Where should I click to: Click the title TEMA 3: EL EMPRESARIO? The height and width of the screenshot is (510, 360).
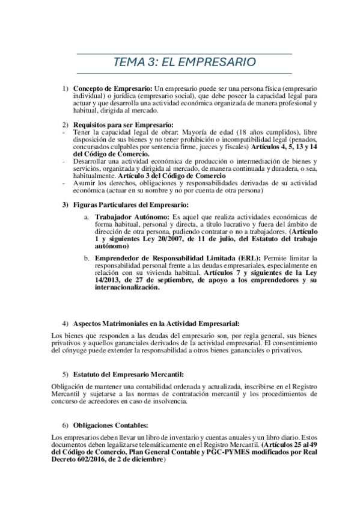coord(185,63)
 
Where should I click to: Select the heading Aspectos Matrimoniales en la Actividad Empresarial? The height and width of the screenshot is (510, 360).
coord(156,324)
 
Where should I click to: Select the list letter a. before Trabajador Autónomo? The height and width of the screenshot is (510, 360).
coord(87,217)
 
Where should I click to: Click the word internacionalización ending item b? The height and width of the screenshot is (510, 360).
coord(127,287)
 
